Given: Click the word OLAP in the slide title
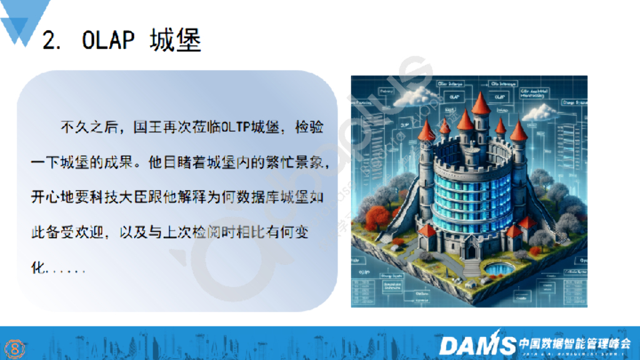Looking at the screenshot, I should pos(108,41).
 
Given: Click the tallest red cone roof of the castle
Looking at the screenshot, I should pos(481,103).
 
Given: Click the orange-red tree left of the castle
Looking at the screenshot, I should pos(378,220).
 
